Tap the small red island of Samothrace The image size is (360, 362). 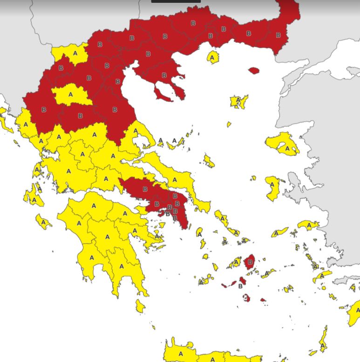coord(253,71)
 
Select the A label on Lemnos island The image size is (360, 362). coord(238,100)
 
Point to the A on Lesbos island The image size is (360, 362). coord(287,148)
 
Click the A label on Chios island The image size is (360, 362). coord(272,184)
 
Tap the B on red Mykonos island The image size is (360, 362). coord(251,262)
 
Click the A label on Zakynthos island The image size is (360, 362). coord(43,222)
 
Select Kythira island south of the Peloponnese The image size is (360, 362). coord(140,306)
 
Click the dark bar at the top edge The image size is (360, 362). coord(176,1)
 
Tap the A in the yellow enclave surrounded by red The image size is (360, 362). coord(71,94)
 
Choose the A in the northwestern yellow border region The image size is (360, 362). coord(75,53)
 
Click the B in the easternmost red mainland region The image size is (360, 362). coord(278,35)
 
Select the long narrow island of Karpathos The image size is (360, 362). coord(323,339)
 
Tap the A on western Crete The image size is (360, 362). coord(181,354)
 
